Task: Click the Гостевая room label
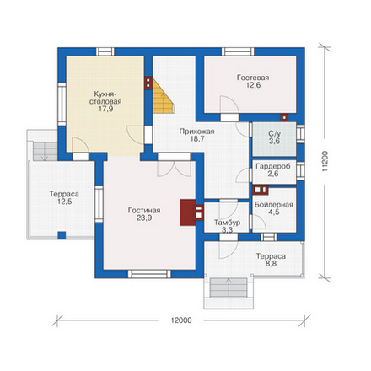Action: (x=253, y=78)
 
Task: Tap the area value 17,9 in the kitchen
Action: (x=105, y=109)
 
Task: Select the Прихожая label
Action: (x=197, y=132)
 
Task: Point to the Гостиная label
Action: (x=144, y=210)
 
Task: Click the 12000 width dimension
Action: (x=181, y=320)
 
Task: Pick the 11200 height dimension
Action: (x=325, y=162)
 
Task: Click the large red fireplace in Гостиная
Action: (x=188, y=212)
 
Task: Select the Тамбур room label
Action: (x=227, y=223)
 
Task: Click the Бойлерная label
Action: (x=274, y=205)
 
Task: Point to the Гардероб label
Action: (x=273, y=166)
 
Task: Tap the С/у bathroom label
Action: (x=274, y=134)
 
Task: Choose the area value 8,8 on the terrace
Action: (x=271, y=264)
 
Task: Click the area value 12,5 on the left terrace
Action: (x=65, y=202)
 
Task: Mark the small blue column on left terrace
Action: (x=62, y=235)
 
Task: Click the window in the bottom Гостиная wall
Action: (x=149, y=274)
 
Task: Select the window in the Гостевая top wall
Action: (x=238, y=51)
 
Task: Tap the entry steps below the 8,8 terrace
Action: (x=229, y=288)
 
